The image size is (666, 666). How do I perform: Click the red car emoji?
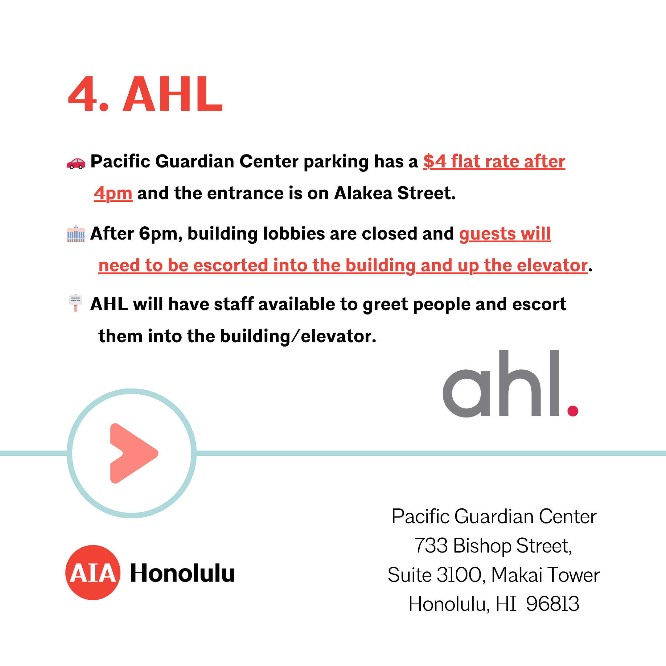(x=76, y=163)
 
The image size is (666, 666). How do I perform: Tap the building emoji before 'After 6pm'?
(x=76, y=234)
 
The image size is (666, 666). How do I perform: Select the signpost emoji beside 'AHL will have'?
(x=76, y=303)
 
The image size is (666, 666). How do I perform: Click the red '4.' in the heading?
(x=88, y=94)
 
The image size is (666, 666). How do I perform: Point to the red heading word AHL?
(x=173, y=94)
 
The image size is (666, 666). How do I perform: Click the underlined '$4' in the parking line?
(x=435, y=161)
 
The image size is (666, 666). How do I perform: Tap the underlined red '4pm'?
(x=113, y=194)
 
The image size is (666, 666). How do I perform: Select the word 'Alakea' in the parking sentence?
(x=363, y=193)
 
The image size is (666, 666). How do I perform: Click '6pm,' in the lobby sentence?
(x=161, y=234)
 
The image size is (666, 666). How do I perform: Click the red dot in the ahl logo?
(x=573, y=411)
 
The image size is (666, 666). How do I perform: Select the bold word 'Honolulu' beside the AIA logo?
(x=182, y=573)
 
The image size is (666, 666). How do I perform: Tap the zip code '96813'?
(x=553, y=604)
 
